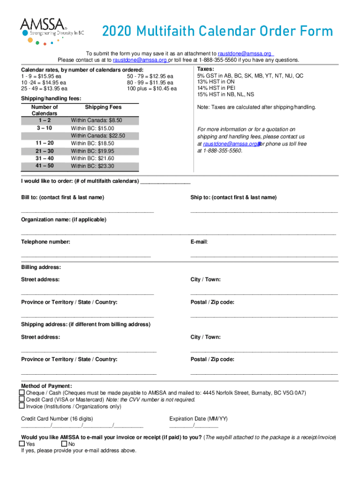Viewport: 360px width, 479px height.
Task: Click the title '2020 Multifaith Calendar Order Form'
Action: coord(217,32)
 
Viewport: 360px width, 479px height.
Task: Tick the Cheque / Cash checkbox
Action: coord(22,392)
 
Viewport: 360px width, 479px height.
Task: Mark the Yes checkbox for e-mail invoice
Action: coord(22,443)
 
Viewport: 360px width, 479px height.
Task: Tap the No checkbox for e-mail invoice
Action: coord(64,443)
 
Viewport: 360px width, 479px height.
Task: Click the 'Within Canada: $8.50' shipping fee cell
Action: coord(96,120)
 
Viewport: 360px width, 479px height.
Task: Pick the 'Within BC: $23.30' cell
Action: coord(93,166)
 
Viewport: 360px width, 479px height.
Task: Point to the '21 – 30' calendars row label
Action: coord(44,151)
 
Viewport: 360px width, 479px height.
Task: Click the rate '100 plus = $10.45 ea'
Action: coord(151,88)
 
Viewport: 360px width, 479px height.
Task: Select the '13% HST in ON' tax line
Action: coord(216,81)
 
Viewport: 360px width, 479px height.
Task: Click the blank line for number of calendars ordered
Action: coord(166,182)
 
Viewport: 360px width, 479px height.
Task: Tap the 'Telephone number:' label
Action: coord(46,242)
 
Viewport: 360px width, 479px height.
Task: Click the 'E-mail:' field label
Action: coord(199,242)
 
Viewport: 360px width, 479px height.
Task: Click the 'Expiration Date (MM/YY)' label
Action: coord(199,419)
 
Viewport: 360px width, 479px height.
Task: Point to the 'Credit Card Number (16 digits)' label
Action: coord(57,419)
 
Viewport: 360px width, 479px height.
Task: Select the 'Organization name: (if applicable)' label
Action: coord(64,219)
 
